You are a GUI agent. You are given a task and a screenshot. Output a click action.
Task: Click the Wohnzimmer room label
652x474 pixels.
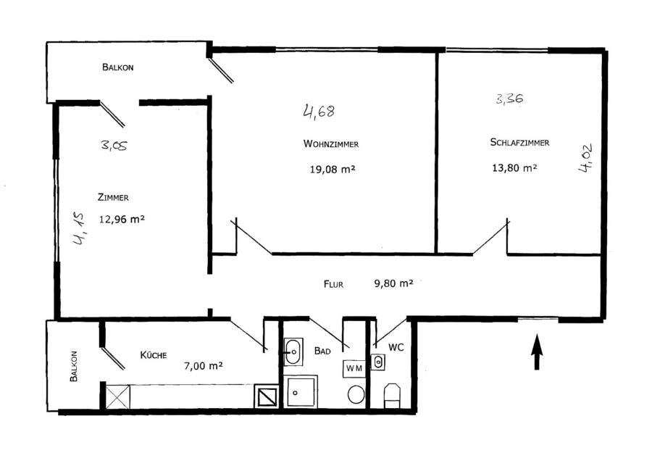pyautogui.click(x=331, y=144)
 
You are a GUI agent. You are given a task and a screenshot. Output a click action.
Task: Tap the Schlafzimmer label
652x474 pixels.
pyautogui.click(x=519, y=142)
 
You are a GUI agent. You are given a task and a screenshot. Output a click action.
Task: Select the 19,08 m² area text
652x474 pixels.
pyautogui.click(x=333, y=170)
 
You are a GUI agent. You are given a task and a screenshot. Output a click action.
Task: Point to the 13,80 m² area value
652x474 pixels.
pyautogui.click(x=514, y=167)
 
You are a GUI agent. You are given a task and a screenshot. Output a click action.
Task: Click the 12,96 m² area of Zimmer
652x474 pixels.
pyautogui.click(x=122, y=219)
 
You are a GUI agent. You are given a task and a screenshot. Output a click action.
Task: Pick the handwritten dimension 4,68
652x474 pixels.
pyautogui.click(x=319, y=112)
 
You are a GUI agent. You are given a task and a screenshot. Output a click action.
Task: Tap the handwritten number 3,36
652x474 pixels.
pyautogui.click(x=509, y=99)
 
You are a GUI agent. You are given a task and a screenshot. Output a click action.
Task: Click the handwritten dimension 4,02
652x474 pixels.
pyautogui.click(x=585, y=158)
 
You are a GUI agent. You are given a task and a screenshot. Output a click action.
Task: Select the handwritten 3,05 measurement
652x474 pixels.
pyautogui.click(x=114, y=145)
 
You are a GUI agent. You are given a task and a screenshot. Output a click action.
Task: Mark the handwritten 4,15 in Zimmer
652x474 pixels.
pyautogui.click(x=79, y=228)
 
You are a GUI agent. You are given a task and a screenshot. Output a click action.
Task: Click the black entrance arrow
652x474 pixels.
pyautogui.click(x=537, y=352)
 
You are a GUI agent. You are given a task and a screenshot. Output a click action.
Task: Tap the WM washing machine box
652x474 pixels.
pyautogui.click(x=354, y=369)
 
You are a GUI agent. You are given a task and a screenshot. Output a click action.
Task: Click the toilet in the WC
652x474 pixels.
pyautogui.click(x=392, y=396)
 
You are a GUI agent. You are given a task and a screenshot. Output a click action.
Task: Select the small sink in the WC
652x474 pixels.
pyautogui.click(x=378, y=362)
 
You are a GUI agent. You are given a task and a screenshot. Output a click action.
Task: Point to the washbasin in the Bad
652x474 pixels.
pyautogui.click(x=293, y=352)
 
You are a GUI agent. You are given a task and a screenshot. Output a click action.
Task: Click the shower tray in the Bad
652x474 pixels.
pyautogui.click(x=301, y=392)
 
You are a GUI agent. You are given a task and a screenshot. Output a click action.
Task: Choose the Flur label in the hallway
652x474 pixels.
pyautogui.click(x=333, y=284)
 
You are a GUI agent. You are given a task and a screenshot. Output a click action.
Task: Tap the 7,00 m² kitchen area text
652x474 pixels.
pyautogui.click(x=204, y=366)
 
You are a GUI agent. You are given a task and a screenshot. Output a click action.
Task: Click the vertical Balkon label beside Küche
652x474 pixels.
pyautogui.click(x=74, y=366)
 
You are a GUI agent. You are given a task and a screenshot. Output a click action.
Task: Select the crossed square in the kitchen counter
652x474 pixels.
pyautogui.click(x=117, y=397)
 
